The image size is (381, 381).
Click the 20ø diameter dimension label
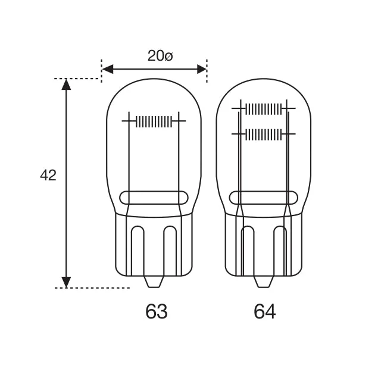pos(160,56)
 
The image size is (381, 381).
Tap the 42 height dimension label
pos(48,175)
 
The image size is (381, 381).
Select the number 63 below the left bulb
pos(156,311)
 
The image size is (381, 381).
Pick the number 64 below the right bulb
pos(265,311)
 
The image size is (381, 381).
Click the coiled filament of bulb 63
pos(154,121)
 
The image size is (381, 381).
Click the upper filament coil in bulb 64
pos(264,108)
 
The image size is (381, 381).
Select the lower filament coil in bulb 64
pos(264,135)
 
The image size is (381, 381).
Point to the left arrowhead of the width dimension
pos(108,69)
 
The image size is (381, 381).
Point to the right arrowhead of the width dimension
pos(201,69)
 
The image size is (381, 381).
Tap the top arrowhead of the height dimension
pos(66,85)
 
